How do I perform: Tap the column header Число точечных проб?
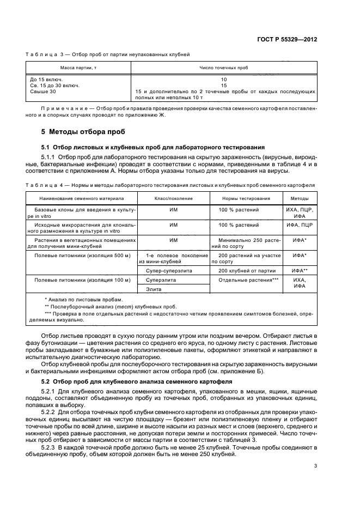[224, 67]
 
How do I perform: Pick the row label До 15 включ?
[46, 80]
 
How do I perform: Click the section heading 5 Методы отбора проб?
[83, 132]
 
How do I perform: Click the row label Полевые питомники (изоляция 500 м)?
[83, 255]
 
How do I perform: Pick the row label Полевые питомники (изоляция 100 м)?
[83, 280]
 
